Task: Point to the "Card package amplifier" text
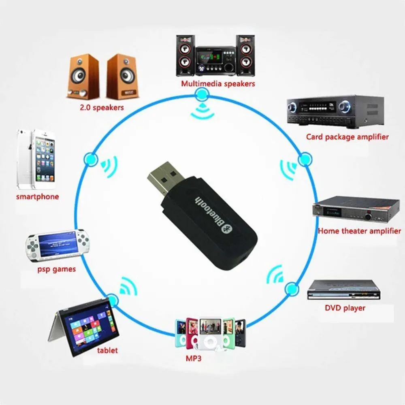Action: (x=347, y=137)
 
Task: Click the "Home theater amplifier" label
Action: (x=359, y=231)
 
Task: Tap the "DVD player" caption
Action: (x=345, y=308)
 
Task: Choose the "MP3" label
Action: (x=193, y=358)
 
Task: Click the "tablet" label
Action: (x=107, y=350)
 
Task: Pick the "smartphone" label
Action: (x=37, y=197)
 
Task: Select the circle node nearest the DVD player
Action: (x=290, y=289)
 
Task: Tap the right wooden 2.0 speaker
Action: (x=122, y=77)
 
